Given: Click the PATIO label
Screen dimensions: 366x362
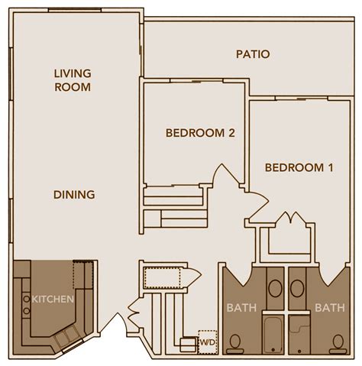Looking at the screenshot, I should click(x=252, y=54).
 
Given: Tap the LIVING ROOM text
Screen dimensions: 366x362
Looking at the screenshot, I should click(x=73, y=80).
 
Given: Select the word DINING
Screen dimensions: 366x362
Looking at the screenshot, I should click(x=74, y=195).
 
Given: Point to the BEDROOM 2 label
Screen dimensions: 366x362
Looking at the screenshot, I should click(x=199, y=133).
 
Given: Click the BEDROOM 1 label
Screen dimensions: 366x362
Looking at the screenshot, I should click(x=299, y=167).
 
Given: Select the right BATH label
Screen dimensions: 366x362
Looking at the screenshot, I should click(x=329, y=309).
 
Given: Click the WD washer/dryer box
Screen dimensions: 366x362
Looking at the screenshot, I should click(x=206, y=341).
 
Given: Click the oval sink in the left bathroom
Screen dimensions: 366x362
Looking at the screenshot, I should click(x=273, y=289).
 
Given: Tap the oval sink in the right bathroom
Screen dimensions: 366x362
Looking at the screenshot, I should click(x=296, y=289).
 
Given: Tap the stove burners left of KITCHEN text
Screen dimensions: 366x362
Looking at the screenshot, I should click(x=25, y=305).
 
